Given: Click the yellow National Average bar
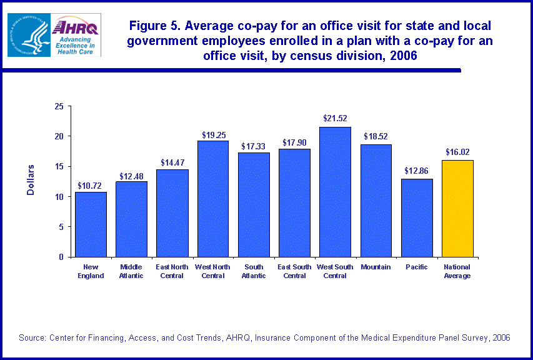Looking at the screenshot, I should click(x=457, y=208).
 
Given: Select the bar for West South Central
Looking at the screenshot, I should click(x=335, y=192).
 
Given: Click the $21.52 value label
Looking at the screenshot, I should click(x=335, y=118).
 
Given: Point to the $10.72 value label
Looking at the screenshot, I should click(x=91, y=185).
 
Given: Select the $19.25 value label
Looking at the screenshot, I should click(x=213, y=134).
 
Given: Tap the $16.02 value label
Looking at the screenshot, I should click(x=457, y=151).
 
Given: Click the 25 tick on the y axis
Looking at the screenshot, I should click(x=60, y=106).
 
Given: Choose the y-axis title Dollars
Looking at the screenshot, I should click(x=31, y=180).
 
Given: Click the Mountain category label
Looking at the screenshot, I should click(x=376, y=267).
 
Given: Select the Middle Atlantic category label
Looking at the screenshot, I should click(x=131, y=271).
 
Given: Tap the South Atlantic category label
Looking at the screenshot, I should click(x=254, y=271).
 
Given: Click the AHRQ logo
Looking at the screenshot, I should click(x=77, y=35).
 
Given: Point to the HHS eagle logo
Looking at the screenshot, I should click(x=29, y=35).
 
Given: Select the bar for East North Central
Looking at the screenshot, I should click(x=172, y=212).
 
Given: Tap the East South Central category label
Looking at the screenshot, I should click(x=294, y=271).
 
